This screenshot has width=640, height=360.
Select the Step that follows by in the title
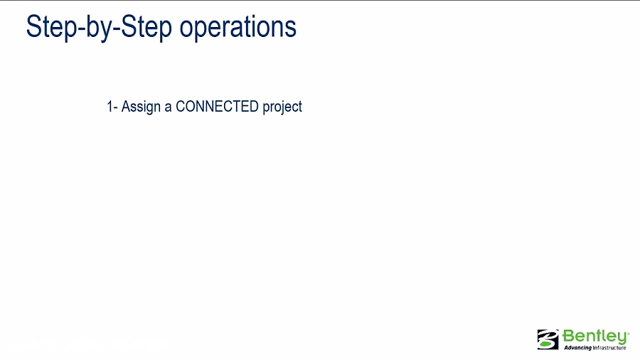point(146,27)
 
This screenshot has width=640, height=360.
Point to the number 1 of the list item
point(110,107)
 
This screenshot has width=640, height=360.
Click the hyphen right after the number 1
point(115,107)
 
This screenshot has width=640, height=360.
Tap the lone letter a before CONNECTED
point(169,107)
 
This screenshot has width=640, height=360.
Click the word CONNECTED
point(217,107)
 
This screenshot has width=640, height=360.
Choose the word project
point(282,107)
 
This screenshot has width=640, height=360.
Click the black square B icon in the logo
point(548,339)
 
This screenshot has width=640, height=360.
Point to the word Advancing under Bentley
point(577,348)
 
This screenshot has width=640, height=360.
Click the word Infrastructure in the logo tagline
point(609,348)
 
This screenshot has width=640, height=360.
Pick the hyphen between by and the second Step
point(117,28)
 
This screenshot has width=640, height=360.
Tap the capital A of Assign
point(126,107)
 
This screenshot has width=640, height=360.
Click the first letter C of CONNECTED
point(181,107)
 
